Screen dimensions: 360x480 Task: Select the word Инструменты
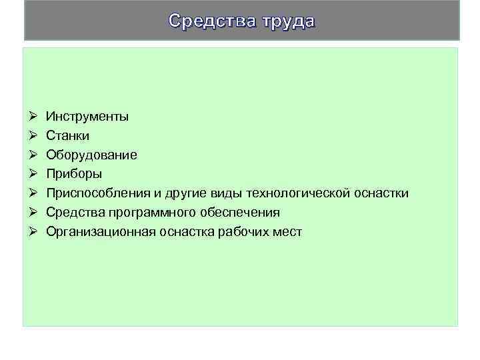(x=87, y=117)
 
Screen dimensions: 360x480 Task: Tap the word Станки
(x=67, y=136)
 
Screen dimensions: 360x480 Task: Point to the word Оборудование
(x=91, y=155)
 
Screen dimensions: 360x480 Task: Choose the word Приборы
(x=74, y=174)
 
